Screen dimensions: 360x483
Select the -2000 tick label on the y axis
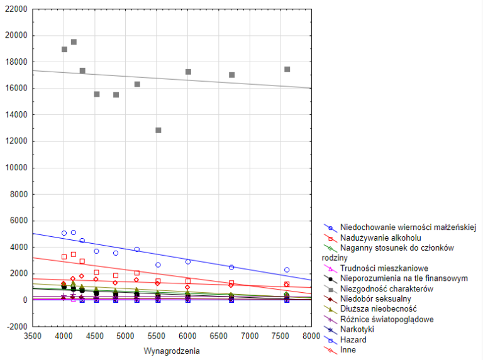18,327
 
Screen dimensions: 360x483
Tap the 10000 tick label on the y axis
18,168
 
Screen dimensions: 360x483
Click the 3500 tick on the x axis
33,337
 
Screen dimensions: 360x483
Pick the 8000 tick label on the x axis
311,337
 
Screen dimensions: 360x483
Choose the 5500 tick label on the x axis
157,337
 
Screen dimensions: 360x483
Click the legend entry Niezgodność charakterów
383,288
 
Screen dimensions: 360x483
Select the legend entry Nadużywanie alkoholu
380,237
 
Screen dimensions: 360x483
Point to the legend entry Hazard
353,339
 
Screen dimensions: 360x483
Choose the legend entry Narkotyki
358,329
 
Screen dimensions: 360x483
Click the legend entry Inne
348,349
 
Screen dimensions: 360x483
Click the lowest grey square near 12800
158,130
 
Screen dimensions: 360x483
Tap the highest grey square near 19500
74,42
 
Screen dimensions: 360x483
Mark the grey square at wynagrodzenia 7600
287,69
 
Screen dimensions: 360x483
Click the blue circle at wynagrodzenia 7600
287,270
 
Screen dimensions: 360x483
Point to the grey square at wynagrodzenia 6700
231,75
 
